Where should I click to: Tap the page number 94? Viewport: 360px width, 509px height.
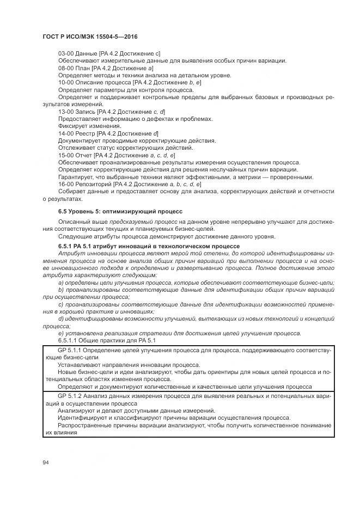point(46,463)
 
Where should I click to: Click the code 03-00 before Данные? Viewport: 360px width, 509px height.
point(66,53)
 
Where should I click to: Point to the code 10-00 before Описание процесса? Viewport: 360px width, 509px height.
point(66,82)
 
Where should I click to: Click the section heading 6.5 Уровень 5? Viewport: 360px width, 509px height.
point(120,210)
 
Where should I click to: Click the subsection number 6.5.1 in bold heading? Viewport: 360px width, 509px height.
point(67,246)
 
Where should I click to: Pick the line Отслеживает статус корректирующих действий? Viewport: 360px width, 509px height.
point(125,148)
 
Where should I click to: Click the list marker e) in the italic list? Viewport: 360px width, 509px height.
point(61,333)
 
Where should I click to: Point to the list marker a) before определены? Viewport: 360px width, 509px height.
point(61,283)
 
